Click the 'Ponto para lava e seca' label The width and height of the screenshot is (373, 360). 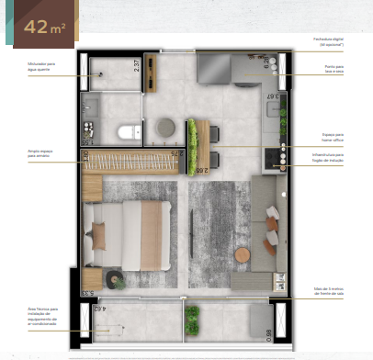pyautogui.click(x=332, y=70)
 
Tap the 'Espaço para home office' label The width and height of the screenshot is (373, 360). pyautogui.click(x=332, y=137)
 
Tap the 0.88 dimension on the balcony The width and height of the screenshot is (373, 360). pyautogui.click(x=268, y=334)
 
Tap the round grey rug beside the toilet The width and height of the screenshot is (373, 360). pyautogui.click(x=165, y=125)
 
